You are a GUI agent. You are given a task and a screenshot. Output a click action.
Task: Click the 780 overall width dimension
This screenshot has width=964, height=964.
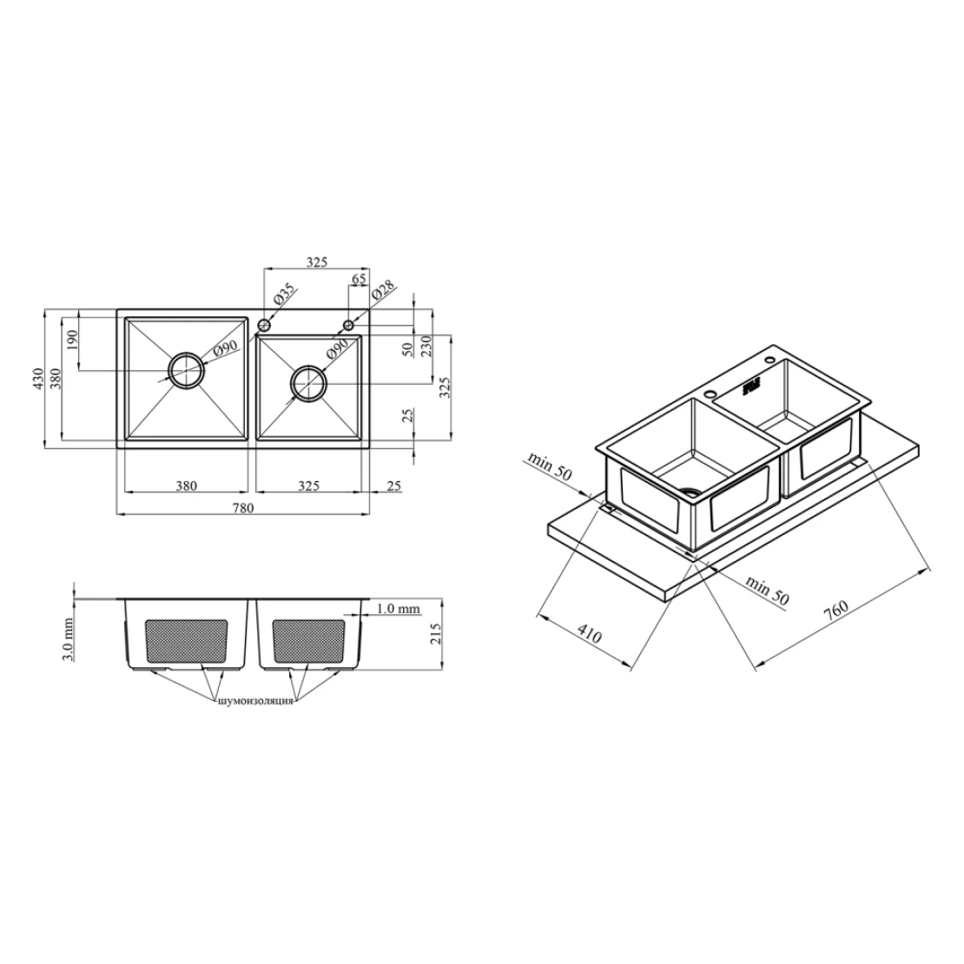tap(242, 508)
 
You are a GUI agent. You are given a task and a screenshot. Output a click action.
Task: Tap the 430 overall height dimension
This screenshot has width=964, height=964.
tap(39, 380)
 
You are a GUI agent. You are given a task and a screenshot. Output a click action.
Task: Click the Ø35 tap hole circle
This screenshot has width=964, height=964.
tap(264, 325)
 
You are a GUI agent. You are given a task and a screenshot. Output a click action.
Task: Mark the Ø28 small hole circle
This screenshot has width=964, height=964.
tap(348, 325)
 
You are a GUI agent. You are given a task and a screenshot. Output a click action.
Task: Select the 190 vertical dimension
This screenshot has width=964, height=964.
tap(73, 340)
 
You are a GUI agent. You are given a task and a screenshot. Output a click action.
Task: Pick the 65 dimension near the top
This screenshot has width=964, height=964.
tap(359, 279)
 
